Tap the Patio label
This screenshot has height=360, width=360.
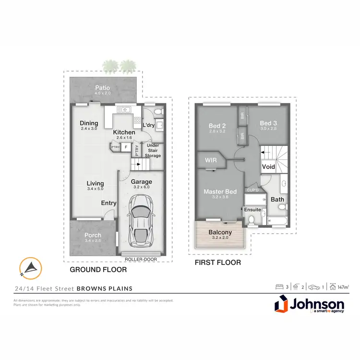click(102, 88)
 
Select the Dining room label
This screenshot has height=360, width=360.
click(89, 123)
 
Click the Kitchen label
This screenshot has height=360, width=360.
click(124, 132)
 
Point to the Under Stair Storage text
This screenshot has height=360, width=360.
click(154, 151)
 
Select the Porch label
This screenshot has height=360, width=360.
click(93, 235)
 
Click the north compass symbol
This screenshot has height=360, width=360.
click(30, 268)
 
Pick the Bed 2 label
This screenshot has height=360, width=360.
click(217, 125)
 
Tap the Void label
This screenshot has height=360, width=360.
click(268, 167)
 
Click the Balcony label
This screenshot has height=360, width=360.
click(220, 232)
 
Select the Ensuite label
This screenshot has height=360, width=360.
click(252, 209)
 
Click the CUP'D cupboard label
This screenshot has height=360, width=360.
click(252, 190)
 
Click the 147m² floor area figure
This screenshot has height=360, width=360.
click(343, 287)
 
